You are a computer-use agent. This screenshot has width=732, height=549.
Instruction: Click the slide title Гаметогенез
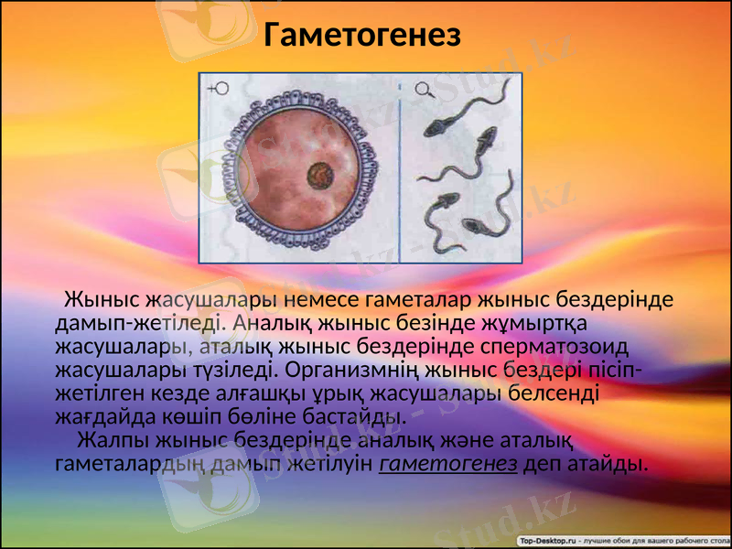pyautogui.click(x=361, y=36)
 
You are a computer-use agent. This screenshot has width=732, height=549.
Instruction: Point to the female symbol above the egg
pyautogui.click(x=220, y=90)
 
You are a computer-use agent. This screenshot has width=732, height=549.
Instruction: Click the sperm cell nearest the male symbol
pyautogui.click(x=451, y=115)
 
